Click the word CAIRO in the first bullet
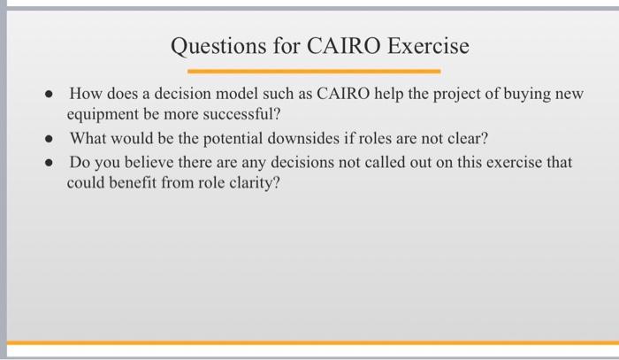click(332, 94)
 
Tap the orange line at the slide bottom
click(309, 341)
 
